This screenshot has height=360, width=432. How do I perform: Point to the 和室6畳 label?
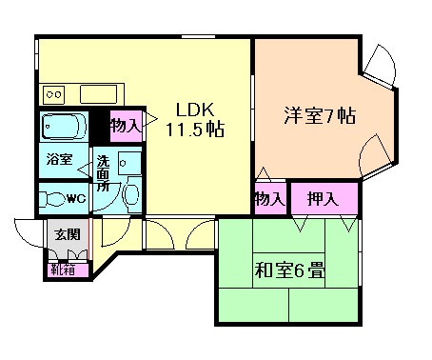289,270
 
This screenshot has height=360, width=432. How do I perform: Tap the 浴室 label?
60,159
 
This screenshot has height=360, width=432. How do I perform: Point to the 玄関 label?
67,234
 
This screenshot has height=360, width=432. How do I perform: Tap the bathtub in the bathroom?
64,127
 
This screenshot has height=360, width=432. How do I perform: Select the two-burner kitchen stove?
54,94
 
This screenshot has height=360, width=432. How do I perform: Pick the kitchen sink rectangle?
99,94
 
